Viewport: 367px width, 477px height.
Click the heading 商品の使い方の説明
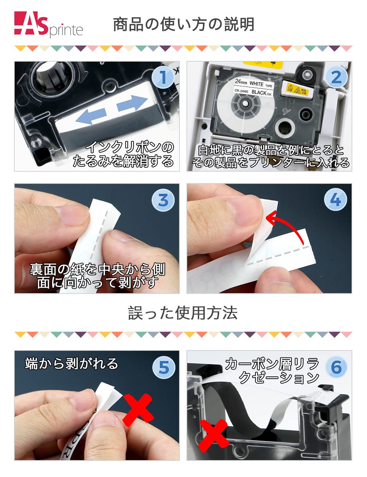click(x=183, y=25)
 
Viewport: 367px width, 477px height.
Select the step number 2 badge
click(x=336, y=77)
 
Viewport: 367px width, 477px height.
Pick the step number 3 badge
click(x=163, y=200)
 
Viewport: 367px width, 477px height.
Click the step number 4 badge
click(x=335, y=200)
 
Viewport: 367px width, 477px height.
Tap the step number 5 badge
click(x=163, y=367)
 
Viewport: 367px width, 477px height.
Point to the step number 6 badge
click(x=336, y=367)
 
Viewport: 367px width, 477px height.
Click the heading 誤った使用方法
click(x=183, y=313)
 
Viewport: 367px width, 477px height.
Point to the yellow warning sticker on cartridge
click(x=297, y=90)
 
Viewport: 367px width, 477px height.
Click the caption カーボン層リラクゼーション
click(x=272, y=371)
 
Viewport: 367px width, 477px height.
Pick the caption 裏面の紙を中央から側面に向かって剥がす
click(x=97, y=276)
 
